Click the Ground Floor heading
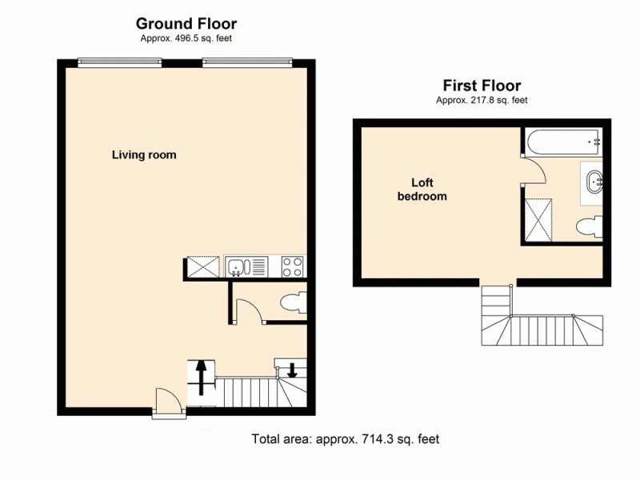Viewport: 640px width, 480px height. point(186,23)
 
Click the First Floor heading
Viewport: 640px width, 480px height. point(482,86)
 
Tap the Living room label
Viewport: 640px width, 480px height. point(144,154)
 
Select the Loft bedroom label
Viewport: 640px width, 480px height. point(422,189)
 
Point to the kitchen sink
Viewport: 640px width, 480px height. point(239,266)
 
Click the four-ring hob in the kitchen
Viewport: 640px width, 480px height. point(292,266)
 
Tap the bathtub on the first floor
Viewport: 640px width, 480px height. point(562,142)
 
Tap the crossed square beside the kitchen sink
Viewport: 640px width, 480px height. point(203,266)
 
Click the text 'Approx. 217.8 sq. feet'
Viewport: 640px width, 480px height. point(482,100)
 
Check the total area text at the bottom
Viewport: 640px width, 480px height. point(346,439)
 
